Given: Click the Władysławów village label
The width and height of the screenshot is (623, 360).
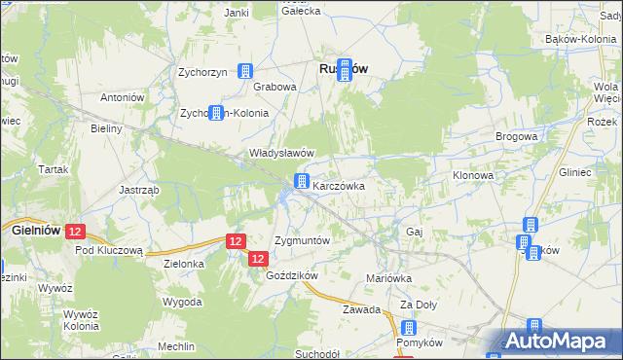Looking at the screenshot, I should pos(282,153).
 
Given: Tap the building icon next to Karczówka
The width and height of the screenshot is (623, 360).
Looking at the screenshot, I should pos(303,181).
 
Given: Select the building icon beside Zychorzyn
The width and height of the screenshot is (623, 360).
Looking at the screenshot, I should pos(245,71).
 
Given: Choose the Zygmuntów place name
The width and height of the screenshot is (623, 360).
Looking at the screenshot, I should pos(303,239).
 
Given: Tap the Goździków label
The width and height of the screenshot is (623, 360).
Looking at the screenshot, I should pos(292,275).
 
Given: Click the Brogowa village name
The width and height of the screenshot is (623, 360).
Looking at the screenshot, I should pos(516,137).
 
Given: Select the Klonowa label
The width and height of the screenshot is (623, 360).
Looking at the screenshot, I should pos(474,176).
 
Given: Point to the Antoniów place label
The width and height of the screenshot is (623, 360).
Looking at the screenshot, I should pos(123,97).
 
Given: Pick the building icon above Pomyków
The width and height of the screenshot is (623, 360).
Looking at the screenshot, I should pos(409,328).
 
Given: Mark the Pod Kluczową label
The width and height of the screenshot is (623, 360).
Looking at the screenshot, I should pos(109,249).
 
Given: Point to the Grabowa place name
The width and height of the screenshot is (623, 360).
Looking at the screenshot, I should pos(275,87).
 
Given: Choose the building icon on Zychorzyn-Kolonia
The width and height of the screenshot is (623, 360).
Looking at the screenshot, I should pos(216,113).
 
